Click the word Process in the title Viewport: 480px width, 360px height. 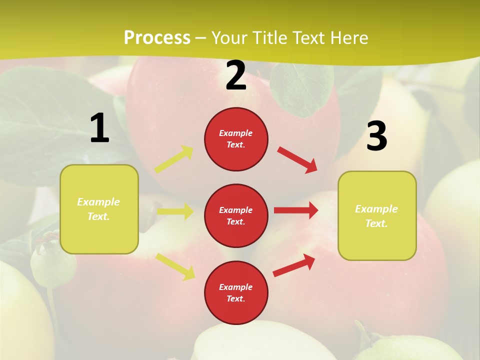coord(157,38)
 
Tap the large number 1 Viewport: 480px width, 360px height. coord(99,128)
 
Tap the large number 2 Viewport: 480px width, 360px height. coord(236,75)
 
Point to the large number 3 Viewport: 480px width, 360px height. coord(376,136)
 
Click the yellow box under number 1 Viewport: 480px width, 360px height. coord(99,209)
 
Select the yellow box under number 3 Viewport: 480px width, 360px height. coord(377,215)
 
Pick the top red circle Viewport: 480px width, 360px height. coord(236,139)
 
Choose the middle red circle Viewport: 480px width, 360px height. coord(236,215)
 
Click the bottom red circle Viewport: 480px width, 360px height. coord(236,292)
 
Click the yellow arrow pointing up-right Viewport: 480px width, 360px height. coord(174,159)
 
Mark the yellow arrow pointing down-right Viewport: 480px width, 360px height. coord(175,266)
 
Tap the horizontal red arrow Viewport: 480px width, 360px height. coord(296,210)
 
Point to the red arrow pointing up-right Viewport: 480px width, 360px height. coord(294,265)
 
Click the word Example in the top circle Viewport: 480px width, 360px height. coord(236,133)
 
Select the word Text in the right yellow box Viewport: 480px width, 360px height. coord(376,223)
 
